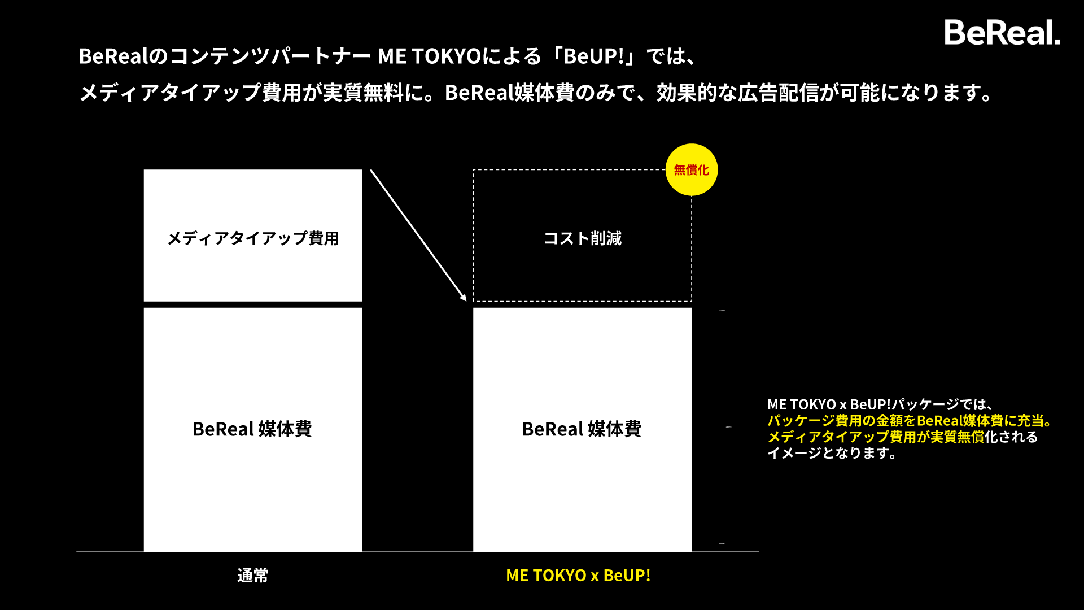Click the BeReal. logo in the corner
click(1002, 33)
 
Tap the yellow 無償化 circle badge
click(691, 170)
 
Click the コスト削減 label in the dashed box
click(582, 238)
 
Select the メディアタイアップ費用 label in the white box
click(253, 238)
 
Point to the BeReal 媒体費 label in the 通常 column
click(252, 429)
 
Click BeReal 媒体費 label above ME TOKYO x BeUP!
click(582, 429)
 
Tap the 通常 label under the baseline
click(252, 576)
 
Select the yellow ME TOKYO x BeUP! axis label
click(578, 576)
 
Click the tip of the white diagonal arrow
click(465, 299)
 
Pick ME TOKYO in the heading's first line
click(429, 56)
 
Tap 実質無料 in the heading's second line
click(363, 93)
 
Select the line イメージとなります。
click(832, 453)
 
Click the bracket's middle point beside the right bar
click(728, 427)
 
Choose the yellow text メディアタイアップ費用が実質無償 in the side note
click(875, 437)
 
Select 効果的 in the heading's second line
click(687, 93)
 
